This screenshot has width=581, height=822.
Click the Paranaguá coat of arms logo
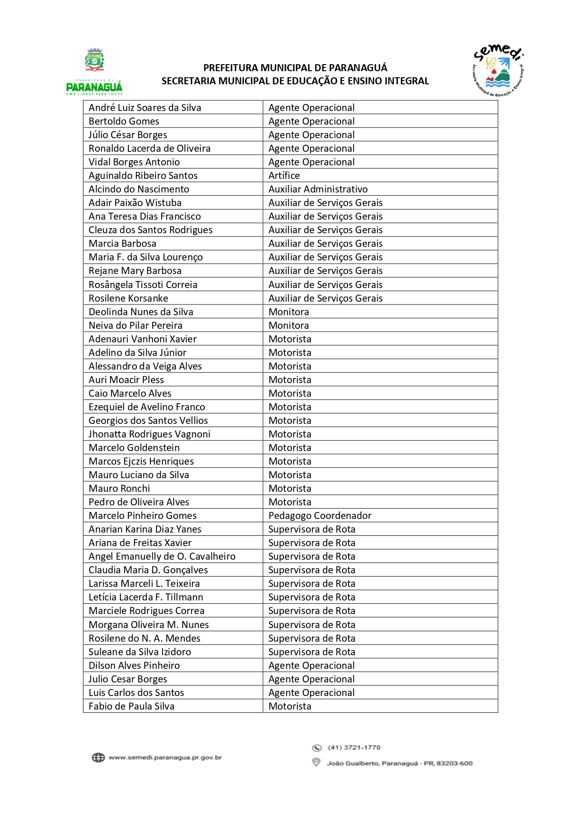coord(95,60)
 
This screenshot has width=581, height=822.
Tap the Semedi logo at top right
coord(498,71)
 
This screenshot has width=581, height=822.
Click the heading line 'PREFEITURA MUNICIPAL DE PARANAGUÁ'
coord(295,68)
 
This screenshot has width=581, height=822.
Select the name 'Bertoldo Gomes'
coord(124,121)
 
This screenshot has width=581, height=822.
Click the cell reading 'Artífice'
coord(284,176)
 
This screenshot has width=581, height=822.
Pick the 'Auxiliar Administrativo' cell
coord(318,189)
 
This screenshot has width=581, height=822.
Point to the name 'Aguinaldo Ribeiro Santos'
coord(143,176)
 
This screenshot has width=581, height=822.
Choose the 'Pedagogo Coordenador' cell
coord(320,516)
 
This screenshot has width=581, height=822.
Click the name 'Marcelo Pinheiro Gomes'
coord(142,516)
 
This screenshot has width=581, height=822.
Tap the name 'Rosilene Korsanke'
coord(128,298)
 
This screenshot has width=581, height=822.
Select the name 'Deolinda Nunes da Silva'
coord(141,312)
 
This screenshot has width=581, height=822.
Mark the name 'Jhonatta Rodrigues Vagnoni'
coord(149,434)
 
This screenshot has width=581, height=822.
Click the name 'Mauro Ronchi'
coord(119,489)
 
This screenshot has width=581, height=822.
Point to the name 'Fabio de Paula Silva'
coord(131,706)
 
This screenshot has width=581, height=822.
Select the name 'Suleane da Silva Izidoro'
coord(140,652)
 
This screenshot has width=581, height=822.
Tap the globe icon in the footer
coord(98,757)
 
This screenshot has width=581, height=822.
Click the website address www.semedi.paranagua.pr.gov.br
coord(165,757)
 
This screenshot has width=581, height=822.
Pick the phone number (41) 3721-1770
coord(354,748)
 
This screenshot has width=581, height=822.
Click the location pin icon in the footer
coord(316,763)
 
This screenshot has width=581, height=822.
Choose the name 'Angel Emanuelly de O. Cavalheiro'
coord(162,556)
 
